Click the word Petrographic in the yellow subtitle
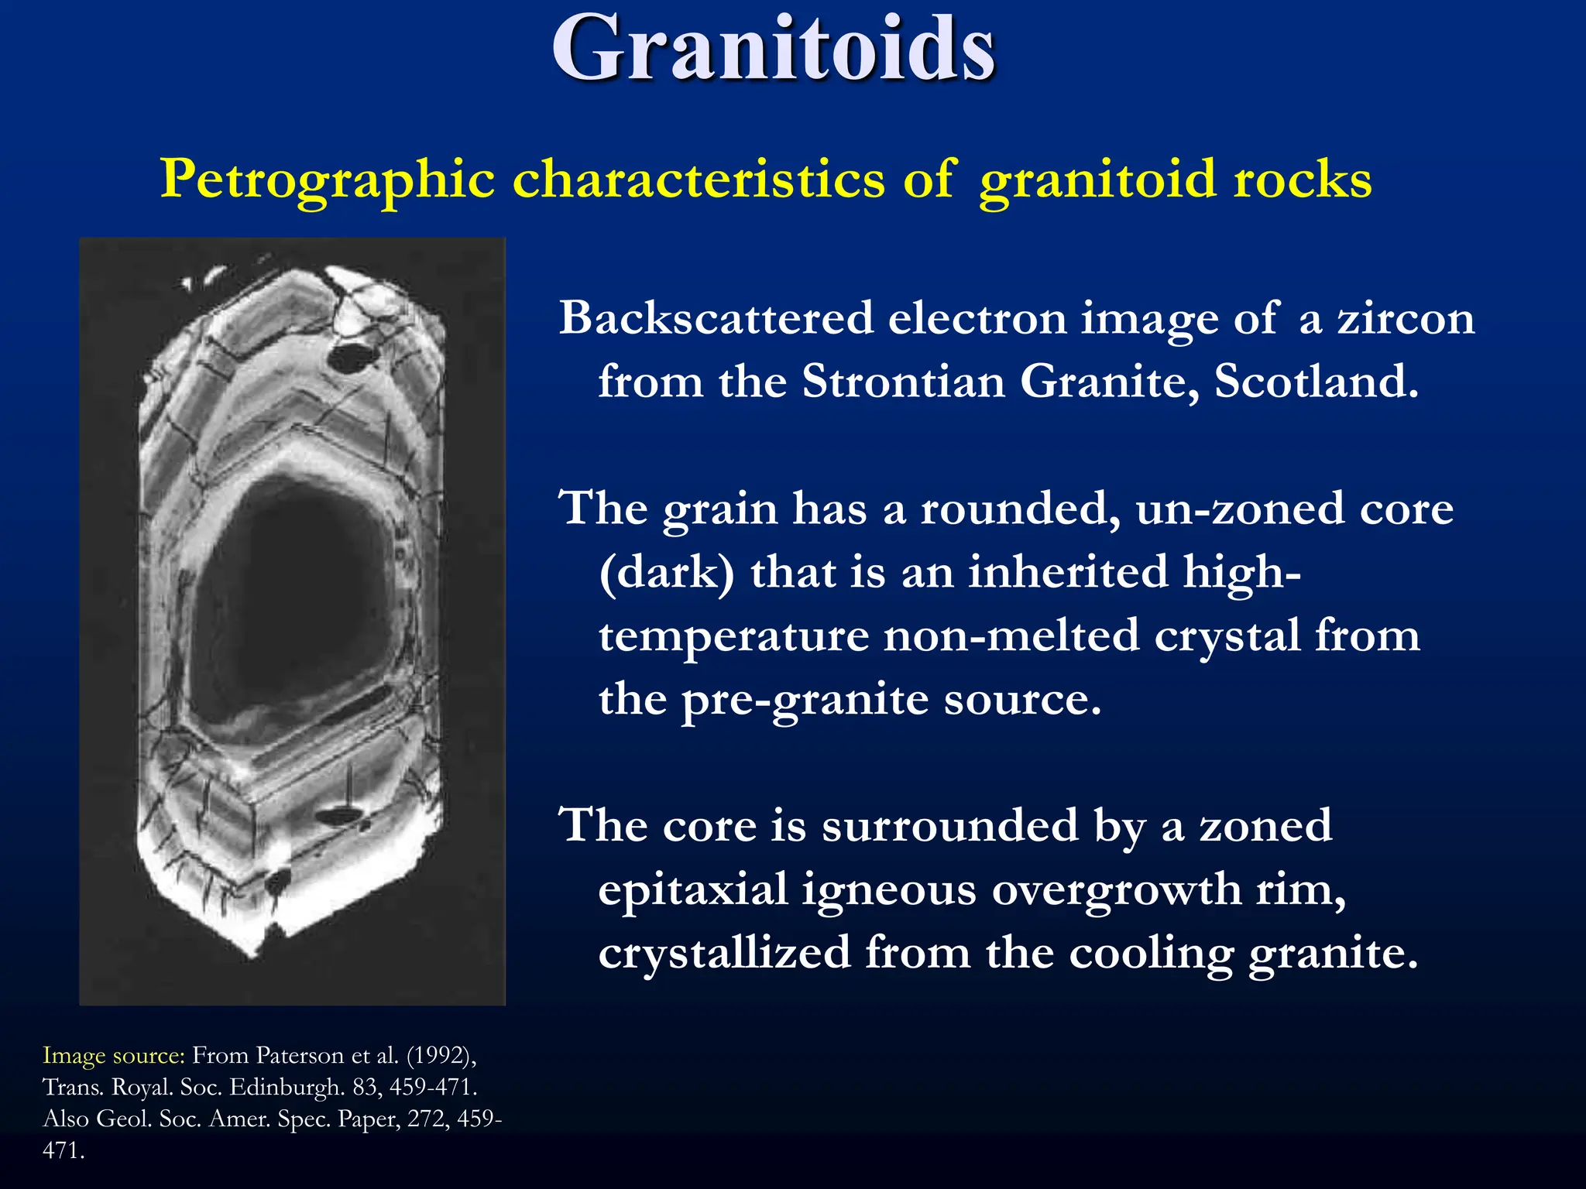(x=327, y=180)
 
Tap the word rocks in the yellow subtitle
(x=1303, y=180)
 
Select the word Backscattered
(x=716, y=318)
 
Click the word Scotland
(x=1316, y=382)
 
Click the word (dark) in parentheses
(x=666, y=574)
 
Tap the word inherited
(x=1068, y=572)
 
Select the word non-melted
(x=1011, y=636)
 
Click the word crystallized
(x=723, y=953)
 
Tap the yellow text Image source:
(x=113, y=1056)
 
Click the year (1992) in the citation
(x=441, y=1056)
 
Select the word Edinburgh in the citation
(x=287, y=1088)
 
